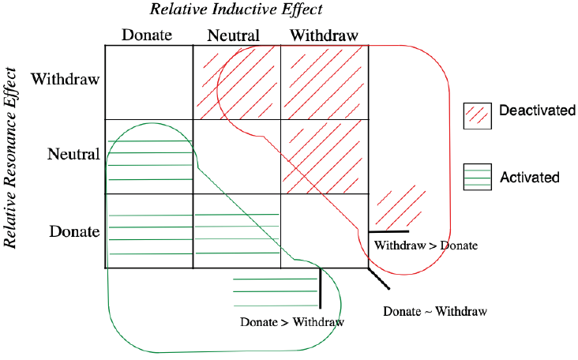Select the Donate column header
point(148,36)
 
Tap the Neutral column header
point(234,36)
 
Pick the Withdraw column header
point(325,36)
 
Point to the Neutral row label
point(73,154)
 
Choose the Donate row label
point(73,231)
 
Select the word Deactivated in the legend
point(537,111)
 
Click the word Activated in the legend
point(529,178)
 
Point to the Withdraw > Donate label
point(426,246)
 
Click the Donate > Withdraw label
point(292,322)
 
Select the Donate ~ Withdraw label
point(435,310)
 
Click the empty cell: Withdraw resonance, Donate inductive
point(148,82)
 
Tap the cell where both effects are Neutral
point(237,156)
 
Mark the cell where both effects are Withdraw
point(325,82)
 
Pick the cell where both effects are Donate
point(148,231)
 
